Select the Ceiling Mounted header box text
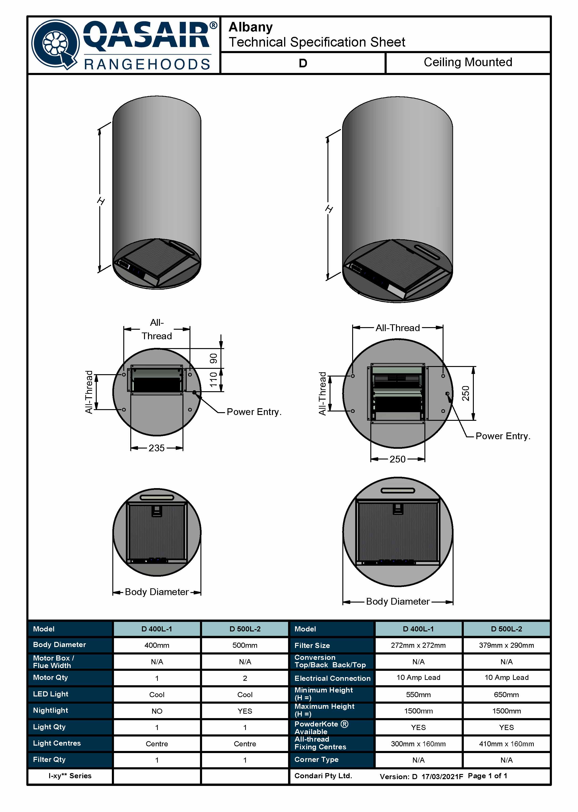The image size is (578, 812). click(468, 62)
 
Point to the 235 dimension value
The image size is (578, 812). click(157, 448)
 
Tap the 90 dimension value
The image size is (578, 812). click(213, 358)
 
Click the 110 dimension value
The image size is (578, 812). click(213, 380)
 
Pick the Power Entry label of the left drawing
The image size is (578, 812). click(254, 412)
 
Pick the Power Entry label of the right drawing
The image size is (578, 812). click(503, 436)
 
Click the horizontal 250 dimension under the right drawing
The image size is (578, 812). click(398, 459)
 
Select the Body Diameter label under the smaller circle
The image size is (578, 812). click(157, 592)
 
